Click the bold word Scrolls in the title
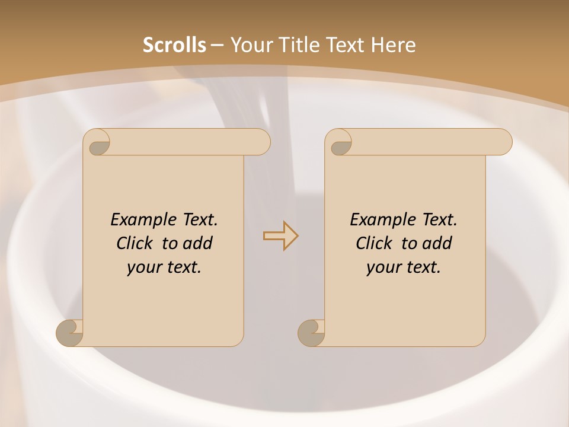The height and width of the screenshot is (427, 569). (x=174, y=45)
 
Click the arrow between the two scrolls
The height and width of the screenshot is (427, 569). (x=280, y=236)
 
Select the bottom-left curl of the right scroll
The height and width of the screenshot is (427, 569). (x=311, y=332)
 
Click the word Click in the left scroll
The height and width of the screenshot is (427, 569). (x=136, y=243)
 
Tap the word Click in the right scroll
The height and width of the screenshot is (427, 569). (x=375, y=243)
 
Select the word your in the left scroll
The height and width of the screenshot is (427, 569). (x=143, y=267)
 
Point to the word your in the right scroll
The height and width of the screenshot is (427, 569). (x=382, y=267)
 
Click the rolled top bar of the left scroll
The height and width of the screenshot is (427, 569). (x=190, y=142)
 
